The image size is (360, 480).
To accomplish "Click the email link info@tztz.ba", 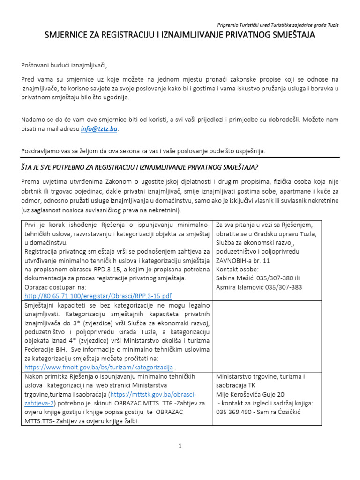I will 99,129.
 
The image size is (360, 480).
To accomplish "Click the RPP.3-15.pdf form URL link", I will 98,296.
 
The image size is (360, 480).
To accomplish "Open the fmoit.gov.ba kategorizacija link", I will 98,367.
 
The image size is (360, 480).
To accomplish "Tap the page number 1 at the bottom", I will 180,446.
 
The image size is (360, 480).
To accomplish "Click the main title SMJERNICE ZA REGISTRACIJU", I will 180,35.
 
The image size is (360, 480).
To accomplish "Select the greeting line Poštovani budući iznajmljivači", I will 67,65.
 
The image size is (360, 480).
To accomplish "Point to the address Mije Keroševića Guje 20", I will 250,394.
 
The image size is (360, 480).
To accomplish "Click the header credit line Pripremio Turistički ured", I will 278,25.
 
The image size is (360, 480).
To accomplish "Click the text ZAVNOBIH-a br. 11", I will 243,260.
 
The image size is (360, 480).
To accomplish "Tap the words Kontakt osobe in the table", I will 237,269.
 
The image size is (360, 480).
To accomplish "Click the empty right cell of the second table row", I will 267,336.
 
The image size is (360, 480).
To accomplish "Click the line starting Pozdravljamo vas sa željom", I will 143,150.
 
